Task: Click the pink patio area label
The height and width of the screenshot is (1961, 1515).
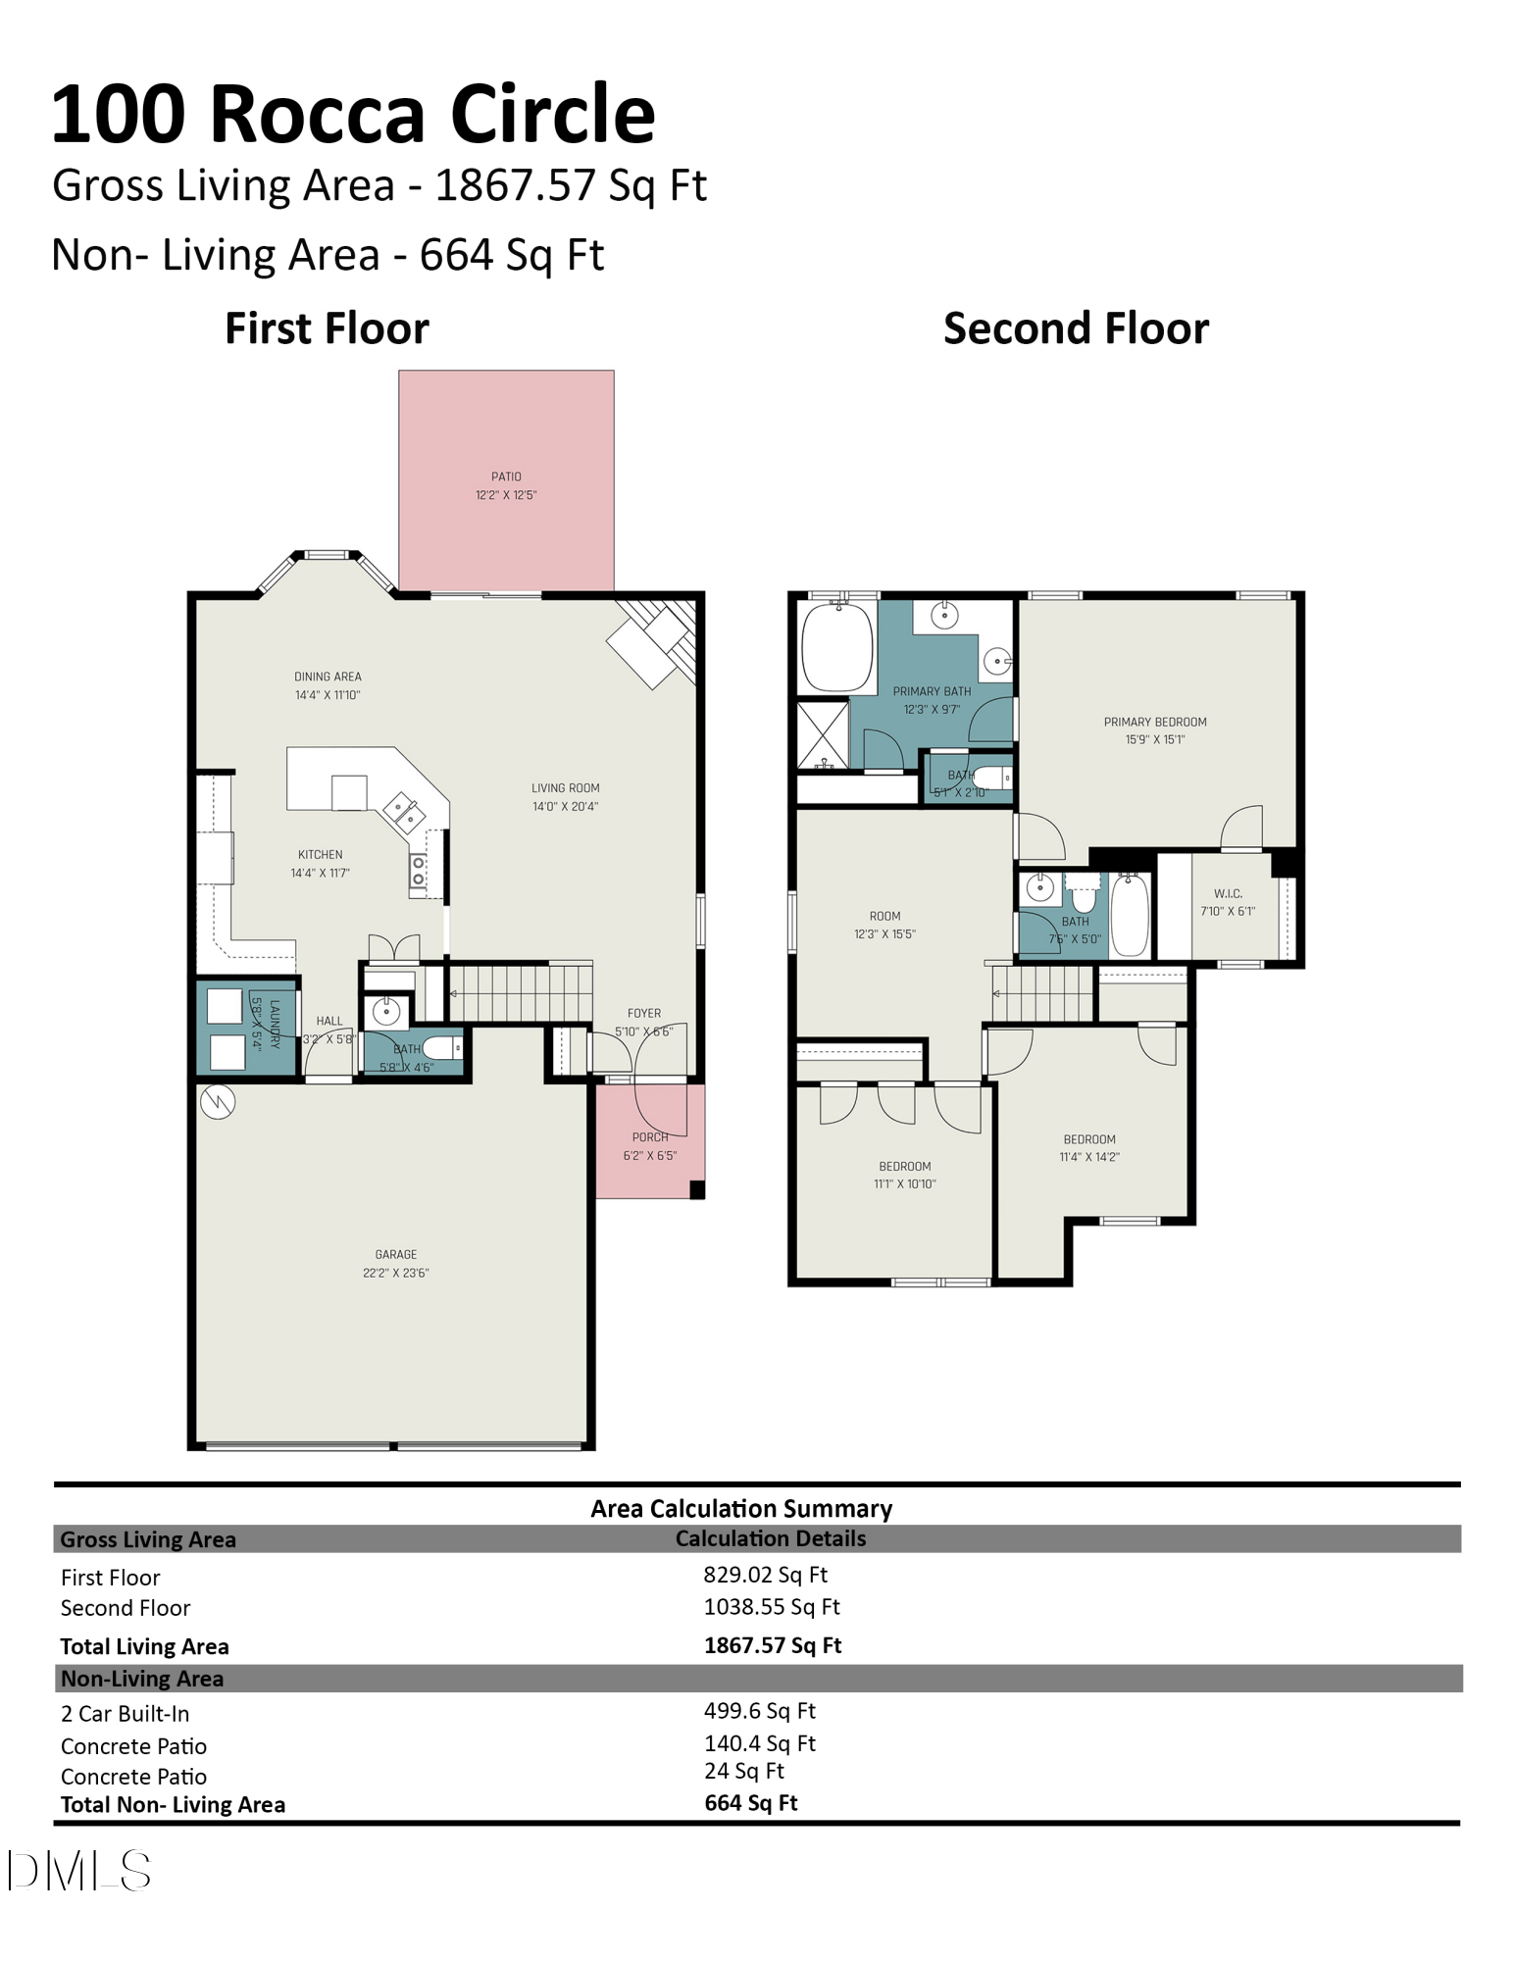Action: pyautogui.click(x=506, y=485)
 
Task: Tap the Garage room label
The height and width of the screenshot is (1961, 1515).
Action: pyautogui.click(x=396, y=1263)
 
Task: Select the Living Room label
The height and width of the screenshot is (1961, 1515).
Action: pyautogui.click(x=565, y=797)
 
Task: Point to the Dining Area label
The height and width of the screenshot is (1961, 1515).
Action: pyautogui.click(x=328, y=685)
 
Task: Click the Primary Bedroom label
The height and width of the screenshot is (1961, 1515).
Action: pyautogui.click(x=1155, y=730)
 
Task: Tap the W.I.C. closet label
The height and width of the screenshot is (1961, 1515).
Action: pyautogui.click(x=1228, y=902)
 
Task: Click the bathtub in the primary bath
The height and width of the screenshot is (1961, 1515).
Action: pyautogui.click(x=836, y=647)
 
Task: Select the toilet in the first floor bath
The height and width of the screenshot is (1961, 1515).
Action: pyautogui.click(x=442, y=1048)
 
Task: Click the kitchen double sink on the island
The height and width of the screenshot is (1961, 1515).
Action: pyautogui.click(x=403, y=812)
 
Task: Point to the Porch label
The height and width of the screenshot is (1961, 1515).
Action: pyautogui.click(x=650, y=1146)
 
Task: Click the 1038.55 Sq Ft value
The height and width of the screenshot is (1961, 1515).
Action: pyautogui.click(x=772, y=1606)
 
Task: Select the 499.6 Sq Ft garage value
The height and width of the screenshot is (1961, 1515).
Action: pyautogui.click(x=760, y=1710)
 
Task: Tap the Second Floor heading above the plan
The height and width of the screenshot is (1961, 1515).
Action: pyautogui.click(x=1076, y=328)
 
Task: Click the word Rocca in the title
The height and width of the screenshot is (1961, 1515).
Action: pyautogui.click(x=322, y=114)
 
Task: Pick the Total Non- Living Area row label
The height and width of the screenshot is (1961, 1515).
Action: pyautogui.click(x=173, y=1804)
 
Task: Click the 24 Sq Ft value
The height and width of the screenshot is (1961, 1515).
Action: pyautogui.click(x=744, y=1770)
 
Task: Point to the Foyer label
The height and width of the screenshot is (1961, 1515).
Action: pyautogui.click(x=644, y=1022)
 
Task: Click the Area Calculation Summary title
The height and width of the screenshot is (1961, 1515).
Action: pyautogui.click(x=741, y=1508)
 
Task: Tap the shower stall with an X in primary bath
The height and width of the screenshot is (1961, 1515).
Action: pyautogui.click(x=823, y=734)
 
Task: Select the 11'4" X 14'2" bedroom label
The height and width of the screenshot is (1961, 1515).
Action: pyautogui.click(x=1089, y=1148)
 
